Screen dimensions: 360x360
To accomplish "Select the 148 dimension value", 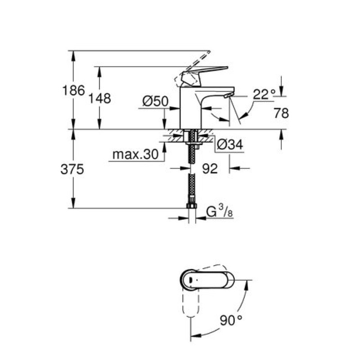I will (100, 99).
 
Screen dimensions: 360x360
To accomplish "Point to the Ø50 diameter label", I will (155, 102).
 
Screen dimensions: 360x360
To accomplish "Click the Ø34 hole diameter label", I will (229, 144).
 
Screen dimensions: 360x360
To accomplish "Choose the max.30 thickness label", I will (135, 155).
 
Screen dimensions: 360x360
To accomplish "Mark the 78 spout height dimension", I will (281, 113).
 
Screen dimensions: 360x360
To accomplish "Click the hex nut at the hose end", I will (191, 207).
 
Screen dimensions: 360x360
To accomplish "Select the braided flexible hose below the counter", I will (191, 180).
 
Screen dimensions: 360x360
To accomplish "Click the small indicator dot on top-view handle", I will (190, 279).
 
